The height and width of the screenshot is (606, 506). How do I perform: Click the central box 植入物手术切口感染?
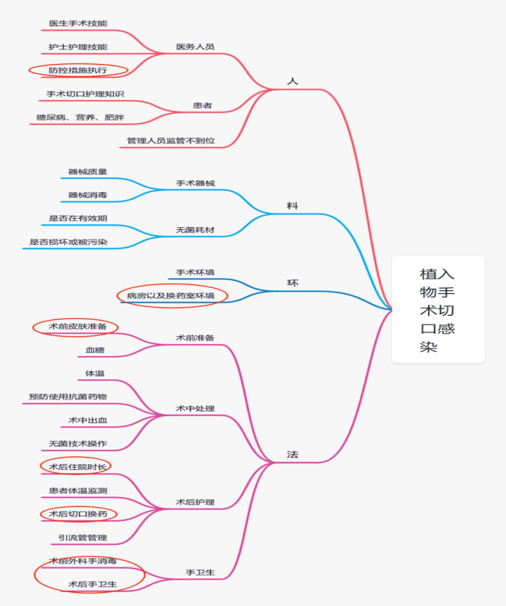pos(437,310)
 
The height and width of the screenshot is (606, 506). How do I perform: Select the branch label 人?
pos(292,81)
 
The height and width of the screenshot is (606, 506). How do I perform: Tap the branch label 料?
pos(292,205)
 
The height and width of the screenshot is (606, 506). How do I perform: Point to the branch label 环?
pos(292,283)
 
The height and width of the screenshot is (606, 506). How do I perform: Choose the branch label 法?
pos(292,454)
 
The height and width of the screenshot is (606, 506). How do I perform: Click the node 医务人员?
pos(195,47)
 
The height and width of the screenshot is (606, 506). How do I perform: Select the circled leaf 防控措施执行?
pos(78,70)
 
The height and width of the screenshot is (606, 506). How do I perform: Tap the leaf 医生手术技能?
pos(78,24)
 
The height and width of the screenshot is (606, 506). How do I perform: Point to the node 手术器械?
pos(195,183)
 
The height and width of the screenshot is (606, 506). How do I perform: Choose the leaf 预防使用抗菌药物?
pos(68,397)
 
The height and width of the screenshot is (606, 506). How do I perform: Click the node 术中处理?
pos(195,409)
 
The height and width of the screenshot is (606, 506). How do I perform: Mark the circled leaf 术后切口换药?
pos(78,513)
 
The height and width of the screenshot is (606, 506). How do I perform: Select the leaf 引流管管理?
pos(82,538)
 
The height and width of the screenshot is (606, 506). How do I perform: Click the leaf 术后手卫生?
pos(93,584)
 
